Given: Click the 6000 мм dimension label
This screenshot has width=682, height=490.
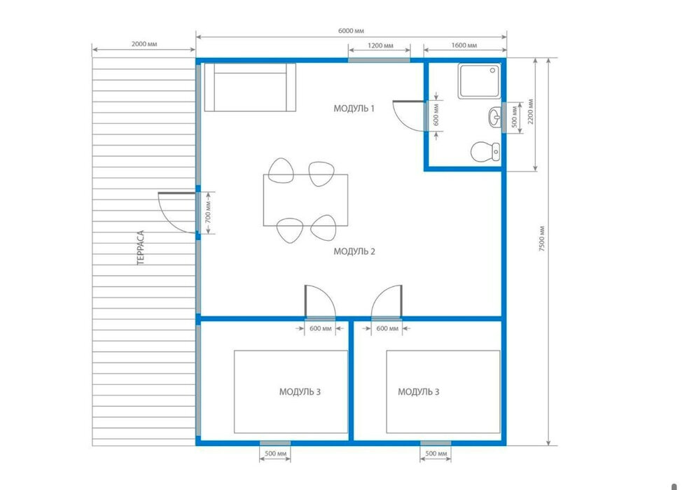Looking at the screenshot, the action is pyautogui.click(x=351, y=31).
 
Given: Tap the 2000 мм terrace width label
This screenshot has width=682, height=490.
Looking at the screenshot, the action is pyautogui.click(x=144, y=44).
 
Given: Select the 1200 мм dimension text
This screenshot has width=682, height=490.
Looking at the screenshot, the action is pyautogui.click(x=380, y=45).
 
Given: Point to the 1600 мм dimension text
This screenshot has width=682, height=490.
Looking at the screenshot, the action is pyautogui.click(x=464, y=45).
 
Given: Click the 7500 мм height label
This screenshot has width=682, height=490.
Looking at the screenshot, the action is pyautogui.click(x=542, y=239).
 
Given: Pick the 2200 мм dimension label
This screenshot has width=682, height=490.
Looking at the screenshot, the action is pyautogui.click(x=530, y=112).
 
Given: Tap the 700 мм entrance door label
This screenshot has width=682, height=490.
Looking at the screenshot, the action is pyautogui.click(x=209, y=211).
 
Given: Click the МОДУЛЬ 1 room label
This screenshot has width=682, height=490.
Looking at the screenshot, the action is pyautogui.click(x=354, y=108).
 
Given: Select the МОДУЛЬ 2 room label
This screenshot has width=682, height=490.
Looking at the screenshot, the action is pyautogui.click(x=354, y=251).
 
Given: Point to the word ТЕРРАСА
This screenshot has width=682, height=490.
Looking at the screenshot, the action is pyautogui.click(x=140, y=248).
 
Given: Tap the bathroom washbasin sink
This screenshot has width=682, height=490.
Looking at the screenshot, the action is pyautogui.click(x=494, y=117).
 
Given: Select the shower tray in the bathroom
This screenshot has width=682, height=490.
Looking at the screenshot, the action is pyautogui.click(x=480, y=81).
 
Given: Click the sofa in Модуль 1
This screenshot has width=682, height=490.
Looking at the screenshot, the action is pyautogui.click(x=250, y=87).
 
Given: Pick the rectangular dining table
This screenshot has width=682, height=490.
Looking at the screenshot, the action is pyautogui.click(x=305, y=200).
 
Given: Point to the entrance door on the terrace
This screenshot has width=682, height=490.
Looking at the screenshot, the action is pyautogui.click(x=176, y=213).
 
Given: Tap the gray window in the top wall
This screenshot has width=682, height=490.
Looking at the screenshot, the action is pyautogui.click(x=379, y=60).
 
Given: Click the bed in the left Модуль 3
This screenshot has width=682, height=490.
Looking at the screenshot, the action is pyautogui.click(x=291, y=392).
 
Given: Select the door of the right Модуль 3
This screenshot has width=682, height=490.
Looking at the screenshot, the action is pyautogui.click(x=387, y=302).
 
